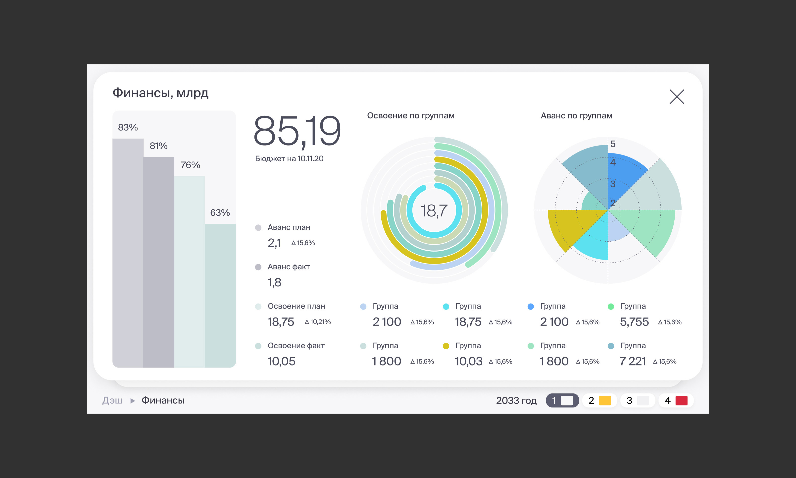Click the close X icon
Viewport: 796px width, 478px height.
click(x=677, y=97)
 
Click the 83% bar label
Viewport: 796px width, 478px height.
click(x=128, y=128)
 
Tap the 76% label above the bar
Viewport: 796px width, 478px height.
click(x=190, y=165)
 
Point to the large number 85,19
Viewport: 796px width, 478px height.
click(x=297, y=131)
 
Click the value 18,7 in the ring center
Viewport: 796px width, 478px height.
click(x=434, y=211)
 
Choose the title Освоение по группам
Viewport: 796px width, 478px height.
click(x=410, y=116)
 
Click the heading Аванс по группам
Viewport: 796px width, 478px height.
click(x=576, y=116)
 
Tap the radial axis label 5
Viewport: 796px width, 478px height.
click(x=613, y=144)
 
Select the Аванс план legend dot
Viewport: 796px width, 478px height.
click(x=258, y=228)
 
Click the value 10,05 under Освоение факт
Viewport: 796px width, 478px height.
click(x=281, y=361)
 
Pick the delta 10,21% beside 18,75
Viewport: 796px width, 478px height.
click(x=318, y=322)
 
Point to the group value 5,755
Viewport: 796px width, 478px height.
click(x=634, y=322)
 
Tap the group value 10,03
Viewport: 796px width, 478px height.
click(x=468, y=361)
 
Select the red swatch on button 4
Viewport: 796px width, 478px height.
click(x=681, y=400)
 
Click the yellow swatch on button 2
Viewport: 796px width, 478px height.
click(x=605, y=400)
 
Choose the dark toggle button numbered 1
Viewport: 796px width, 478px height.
click(x=562, y=400)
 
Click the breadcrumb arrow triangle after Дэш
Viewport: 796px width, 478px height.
click(x=132, y=401)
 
